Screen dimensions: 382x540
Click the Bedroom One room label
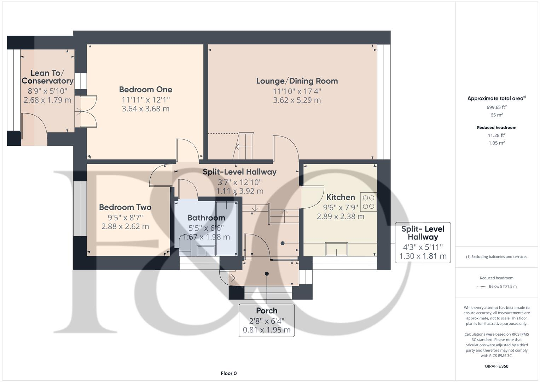[x=145, y=89]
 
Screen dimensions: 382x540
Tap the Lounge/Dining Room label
[x=297, y=81]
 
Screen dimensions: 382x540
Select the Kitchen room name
[x=340, y=197]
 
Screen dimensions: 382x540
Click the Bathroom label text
[x=206, y=218]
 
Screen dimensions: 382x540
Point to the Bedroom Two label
[x=125, y=207]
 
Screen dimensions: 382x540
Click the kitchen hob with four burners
[x=368, y=202]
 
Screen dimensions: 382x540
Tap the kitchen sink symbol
[x=336, y=249]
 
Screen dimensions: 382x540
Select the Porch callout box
[x=267, y=320]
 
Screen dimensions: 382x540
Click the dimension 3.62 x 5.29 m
[x=297, y=100]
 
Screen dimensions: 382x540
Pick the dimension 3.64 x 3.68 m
[x=145, y=109]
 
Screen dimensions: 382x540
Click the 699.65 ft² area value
[x=497, y=107]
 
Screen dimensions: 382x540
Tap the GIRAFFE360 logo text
[x=497, y=366]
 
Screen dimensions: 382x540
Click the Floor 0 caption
[x=228, y=374]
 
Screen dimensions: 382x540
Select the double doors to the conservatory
[x=86, y=111]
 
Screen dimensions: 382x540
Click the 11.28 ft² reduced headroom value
[x=497, y=135]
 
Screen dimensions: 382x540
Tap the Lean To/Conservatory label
[x=47, y=77]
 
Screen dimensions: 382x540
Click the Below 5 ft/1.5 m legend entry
[x=502, y=286]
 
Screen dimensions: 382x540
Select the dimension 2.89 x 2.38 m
[x=340, y=216]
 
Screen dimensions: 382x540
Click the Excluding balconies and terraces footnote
[x=497, y=257]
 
